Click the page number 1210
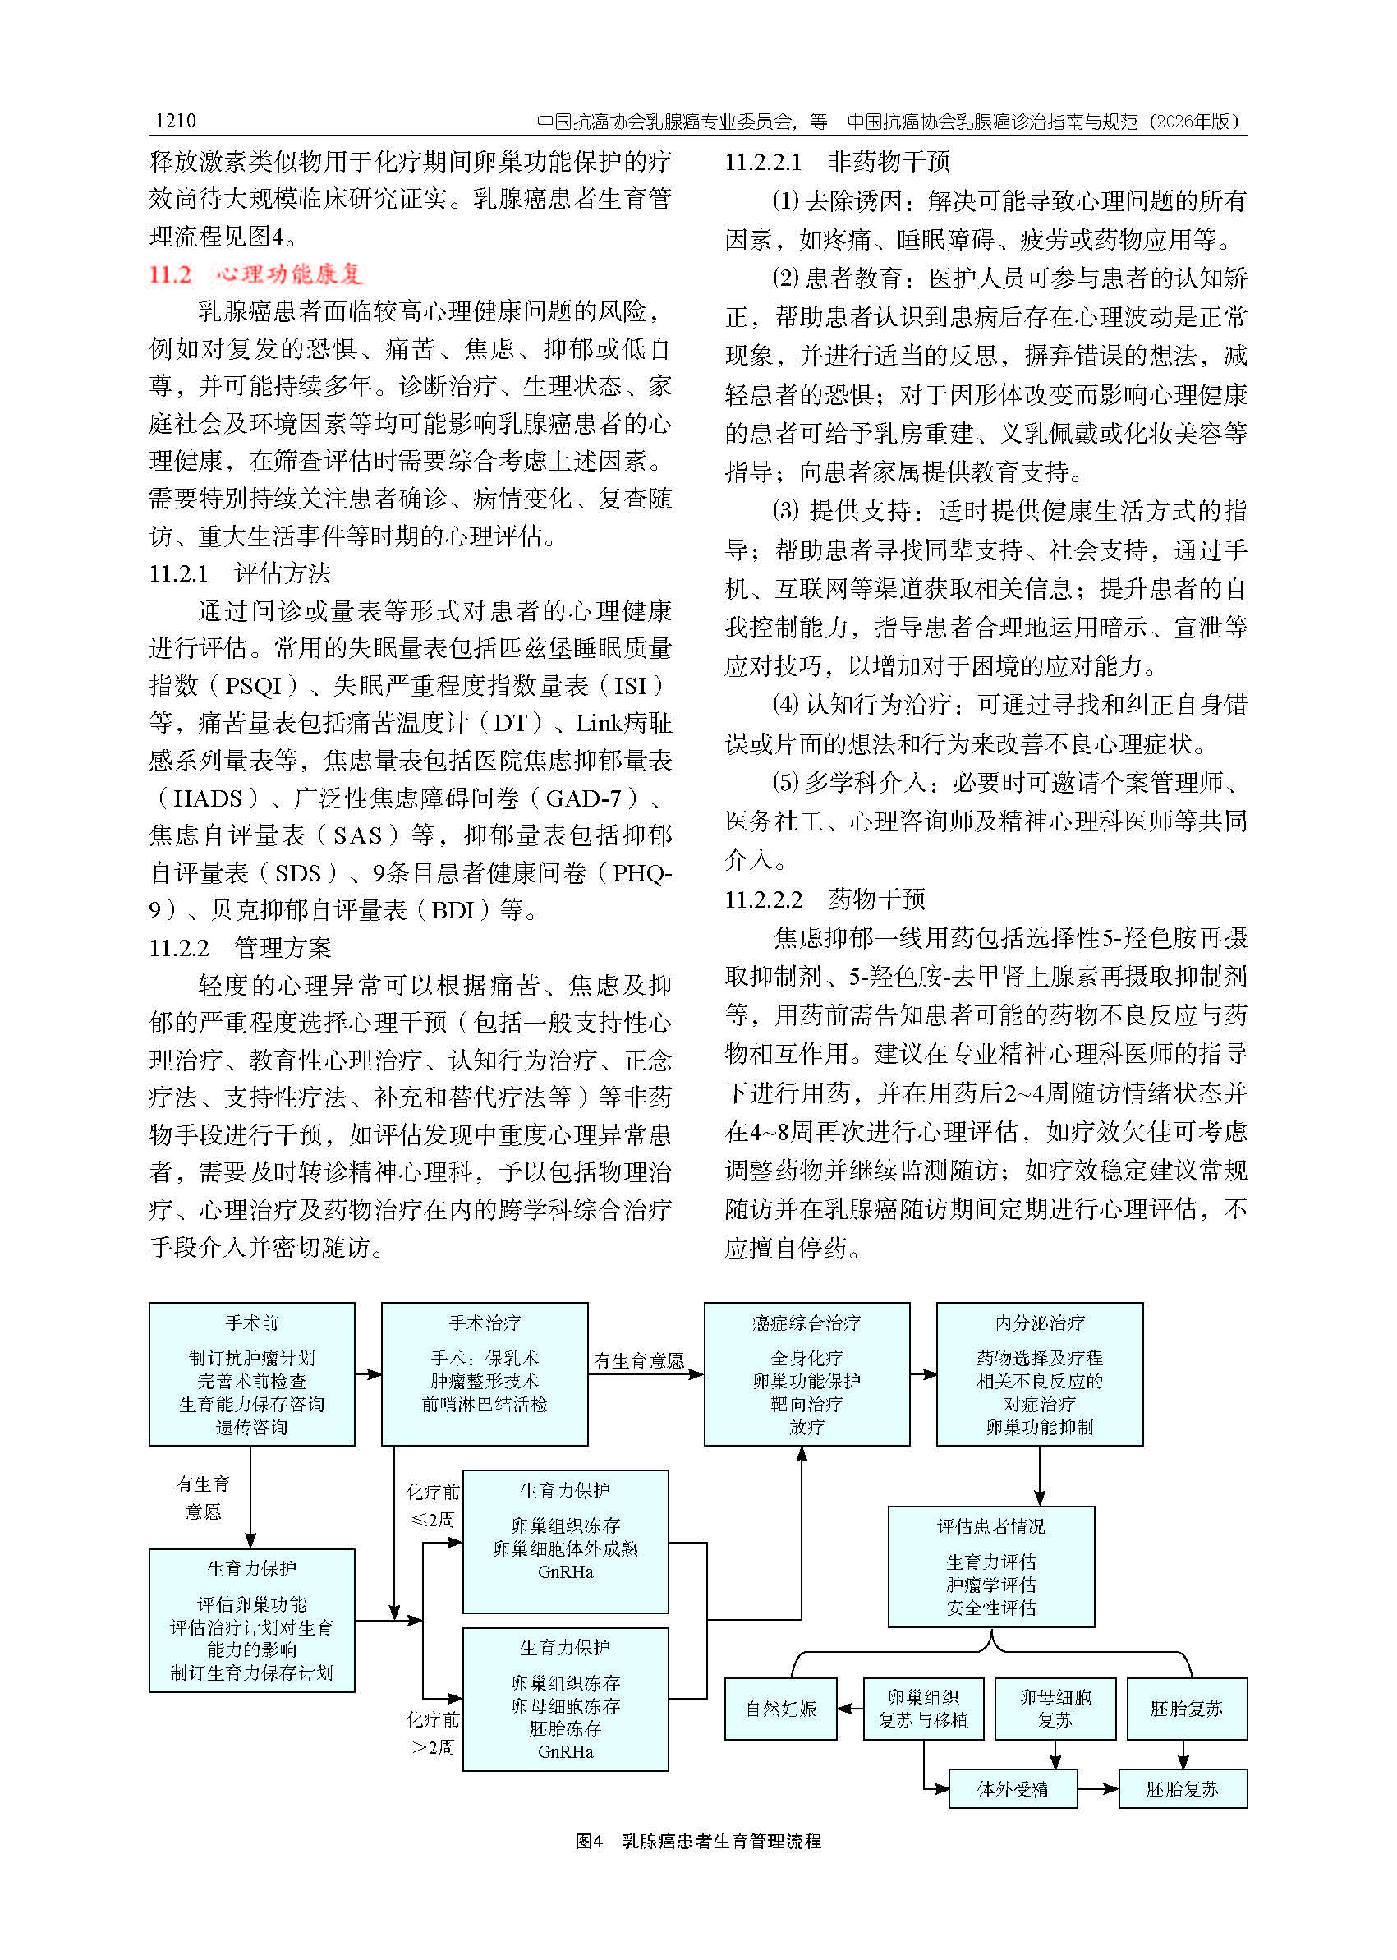point(176,121)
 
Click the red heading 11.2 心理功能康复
point(255,274)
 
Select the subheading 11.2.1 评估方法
point(240,573)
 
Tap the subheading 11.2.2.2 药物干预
point(824,899)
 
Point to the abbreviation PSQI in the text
point(253,686)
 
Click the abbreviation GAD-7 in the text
point(583,798)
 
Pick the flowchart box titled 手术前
point(251,1374)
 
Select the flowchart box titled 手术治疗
point(485,1374)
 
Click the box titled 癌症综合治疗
point(806,1374)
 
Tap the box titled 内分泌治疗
point(1039,1374)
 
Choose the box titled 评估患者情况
point(991,1566)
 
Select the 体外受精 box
point(1013,1790)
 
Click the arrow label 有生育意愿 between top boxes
point(638,1360)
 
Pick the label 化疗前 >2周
point(433,1732)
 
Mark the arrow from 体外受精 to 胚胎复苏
point(1097,1790)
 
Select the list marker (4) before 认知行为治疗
point(785,706)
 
